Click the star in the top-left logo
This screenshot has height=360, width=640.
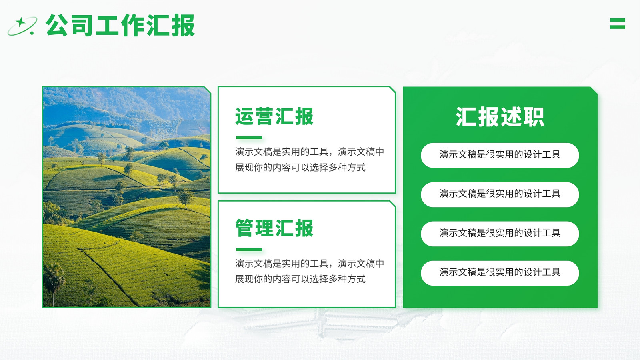coord(20,22)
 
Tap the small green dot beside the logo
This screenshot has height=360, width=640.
coord(32,33)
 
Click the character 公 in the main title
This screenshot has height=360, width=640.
coord(56,25)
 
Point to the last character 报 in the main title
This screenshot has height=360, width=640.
coord(183,25)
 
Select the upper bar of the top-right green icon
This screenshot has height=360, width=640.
coord(618,20)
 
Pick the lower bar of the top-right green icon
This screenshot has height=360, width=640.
coord(618,27)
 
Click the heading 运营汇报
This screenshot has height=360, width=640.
coord(274,116)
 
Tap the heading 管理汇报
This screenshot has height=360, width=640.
coord(274,228)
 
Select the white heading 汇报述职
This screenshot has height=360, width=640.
coord(500,116)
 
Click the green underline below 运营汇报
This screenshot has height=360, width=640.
coord(249,138)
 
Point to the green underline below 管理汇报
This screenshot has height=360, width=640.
coord(249,250)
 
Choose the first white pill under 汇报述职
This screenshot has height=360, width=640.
coord(500,155)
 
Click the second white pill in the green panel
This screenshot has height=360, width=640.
coord(500,194)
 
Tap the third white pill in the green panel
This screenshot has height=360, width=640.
coord(500,234)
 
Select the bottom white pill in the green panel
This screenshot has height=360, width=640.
coord(500,273)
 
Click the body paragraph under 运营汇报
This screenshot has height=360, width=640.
coord(310,160)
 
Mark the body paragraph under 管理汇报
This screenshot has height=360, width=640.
coord(310,271)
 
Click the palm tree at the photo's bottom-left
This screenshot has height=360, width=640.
coord(54,282)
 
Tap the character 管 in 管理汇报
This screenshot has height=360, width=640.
coord(244,228)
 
